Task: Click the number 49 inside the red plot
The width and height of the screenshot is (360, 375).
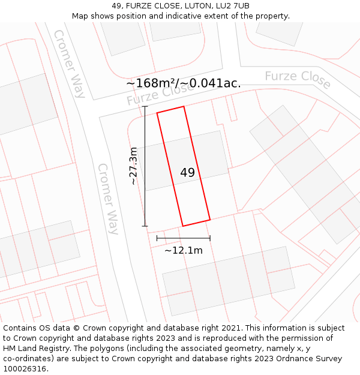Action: click(187, 173)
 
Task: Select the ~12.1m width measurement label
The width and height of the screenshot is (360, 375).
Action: click(184, 250)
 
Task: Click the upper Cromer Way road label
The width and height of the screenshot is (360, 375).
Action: click(70, 63)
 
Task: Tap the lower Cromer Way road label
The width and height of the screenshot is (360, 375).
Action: click(108, 198)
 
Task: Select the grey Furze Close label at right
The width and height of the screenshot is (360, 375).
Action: click(298, 79)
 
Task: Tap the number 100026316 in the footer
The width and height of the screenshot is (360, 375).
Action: click(25, 369)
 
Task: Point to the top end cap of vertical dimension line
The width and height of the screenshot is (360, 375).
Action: click(145, 106)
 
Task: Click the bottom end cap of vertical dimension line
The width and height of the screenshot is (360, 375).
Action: click(145, 226)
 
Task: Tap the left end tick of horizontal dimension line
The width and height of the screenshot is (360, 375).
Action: click(157, 238)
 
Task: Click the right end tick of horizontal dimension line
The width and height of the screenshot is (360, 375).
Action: click(210, 238)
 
